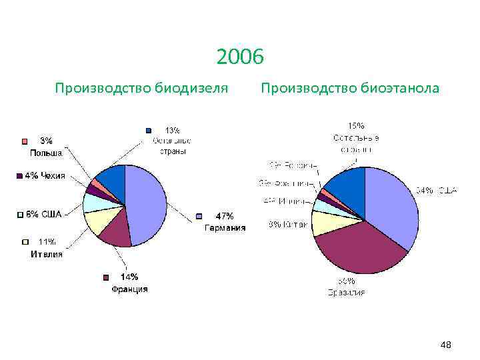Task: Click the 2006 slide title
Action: click(x=240, y=58)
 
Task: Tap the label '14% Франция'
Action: click(x=129, y=283)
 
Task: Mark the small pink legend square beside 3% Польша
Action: click(x=25, y=141)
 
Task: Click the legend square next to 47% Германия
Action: click(x=199, y=216)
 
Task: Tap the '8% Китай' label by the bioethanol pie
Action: click(x=288, y=225)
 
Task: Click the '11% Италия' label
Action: click(x=46, y=247)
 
